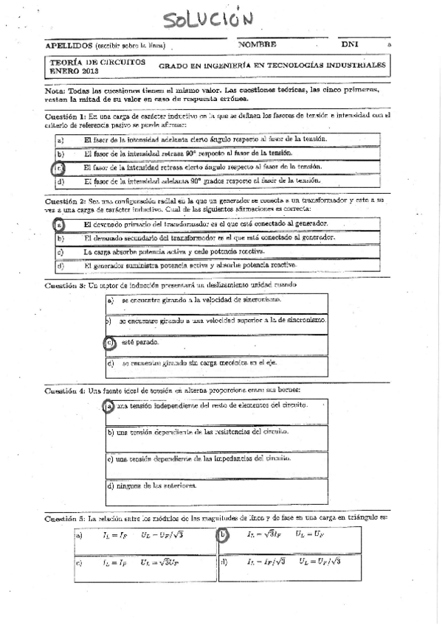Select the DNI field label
349,44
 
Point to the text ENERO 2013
72,71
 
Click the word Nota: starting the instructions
55,90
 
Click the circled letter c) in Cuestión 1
60,167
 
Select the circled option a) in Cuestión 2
59,224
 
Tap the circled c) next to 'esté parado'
108,343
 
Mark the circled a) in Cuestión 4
108,406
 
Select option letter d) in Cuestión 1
60,181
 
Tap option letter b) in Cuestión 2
60,238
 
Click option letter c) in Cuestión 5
78,563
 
